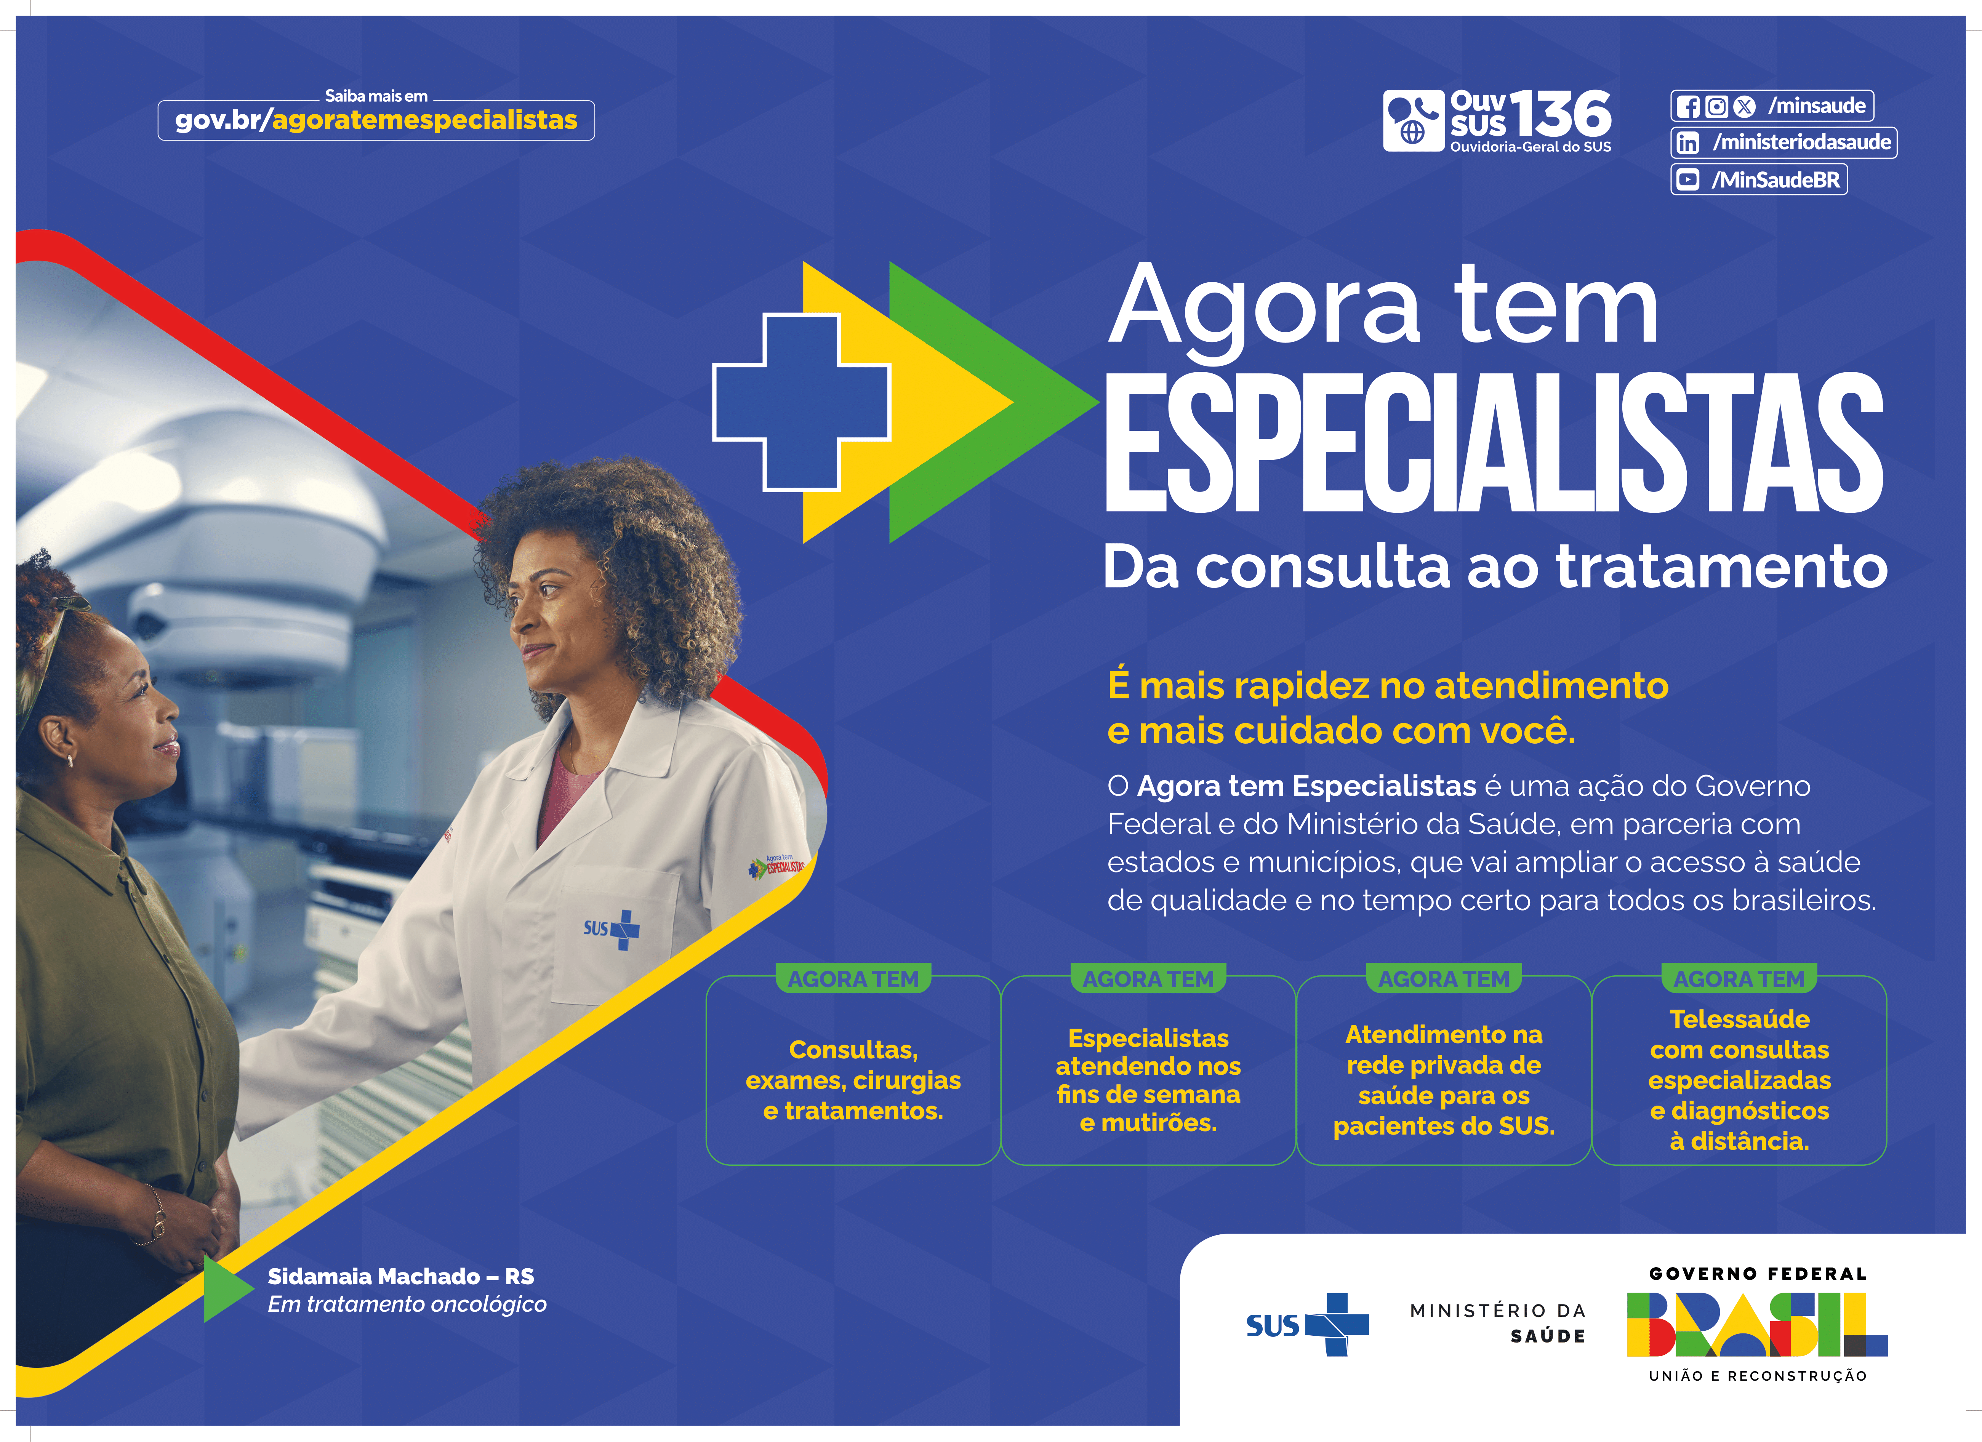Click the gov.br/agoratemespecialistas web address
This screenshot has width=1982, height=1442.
(x=376, y=120)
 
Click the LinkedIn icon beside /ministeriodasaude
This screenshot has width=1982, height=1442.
(x=1687, y=142)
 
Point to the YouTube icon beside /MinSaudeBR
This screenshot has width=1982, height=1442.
(x=1687, y=180)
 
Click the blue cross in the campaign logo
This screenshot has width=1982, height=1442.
(x=801, y=402)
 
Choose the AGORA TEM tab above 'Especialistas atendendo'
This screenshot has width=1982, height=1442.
(x=1148, y=979)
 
